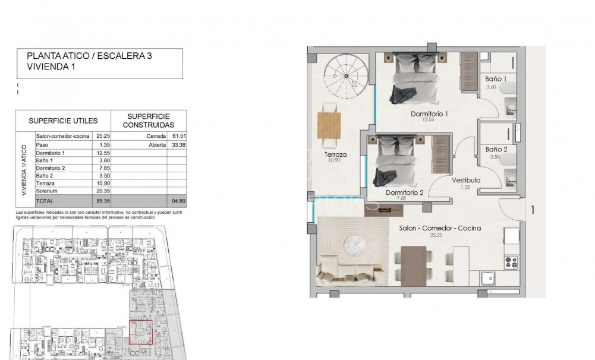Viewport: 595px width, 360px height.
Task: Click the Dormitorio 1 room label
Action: [429, 113]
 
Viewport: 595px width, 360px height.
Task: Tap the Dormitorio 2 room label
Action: [404, 192]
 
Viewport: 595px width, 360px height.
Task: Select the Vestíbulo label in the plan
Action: [465, 181]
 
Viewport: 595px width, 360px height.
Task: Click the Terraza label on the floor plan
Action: [335, 155]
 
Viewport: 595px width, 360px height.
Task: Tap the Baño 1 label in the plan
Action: [496, 78]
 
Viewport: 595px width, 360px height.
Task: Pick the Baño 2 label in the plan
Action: [496, 149]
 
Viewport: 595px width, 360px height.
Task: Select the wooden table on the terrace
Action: [329, 125]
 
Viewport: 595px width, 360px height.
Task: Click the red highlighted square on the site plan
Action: [141, 331]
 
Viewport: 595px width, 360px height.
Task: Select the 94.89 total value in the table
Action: [178, 201]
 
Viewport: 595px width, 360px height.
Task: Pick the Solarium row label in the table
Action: [47, 191]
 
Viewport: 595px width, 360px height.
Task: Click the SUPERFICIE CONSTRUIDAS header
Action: [148, 121]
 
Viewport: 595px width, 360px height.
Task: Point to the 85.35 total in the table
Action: [99, 201]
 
